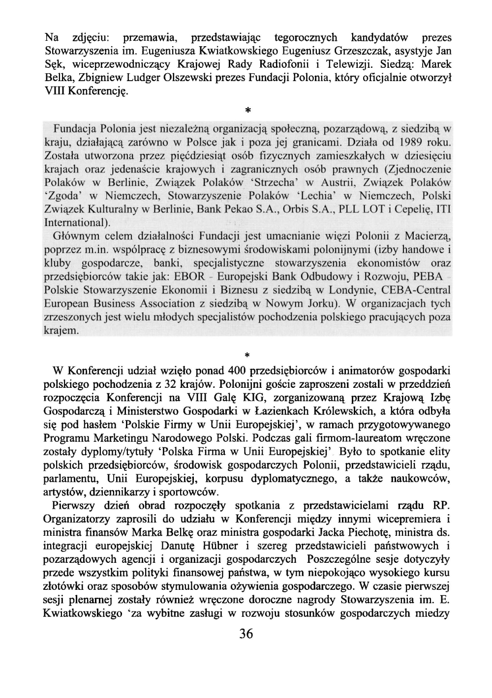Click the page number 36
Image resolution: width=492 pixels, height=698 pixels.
[x=246, y=634]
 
